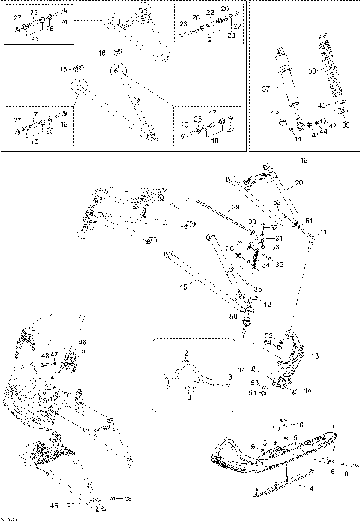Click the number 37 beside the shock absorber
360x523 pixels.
[x=265, y=89]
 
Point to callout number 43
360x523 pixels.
[x=274, y=111]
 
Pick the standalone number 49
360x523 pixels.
[x=303, y=160]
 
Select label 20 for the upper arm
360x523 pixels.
[x=299, y=183]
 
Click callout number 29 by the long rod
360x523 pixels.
[x=235, y=207]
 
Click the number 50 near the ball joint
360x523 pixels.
[x=234, y=317]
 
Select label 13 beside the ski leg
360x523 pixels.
[x=314, y=356]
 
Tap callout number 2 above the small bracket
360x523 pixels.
[x=187, y=353]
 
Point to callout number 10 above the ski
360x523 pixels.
[x=300, y=425]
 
